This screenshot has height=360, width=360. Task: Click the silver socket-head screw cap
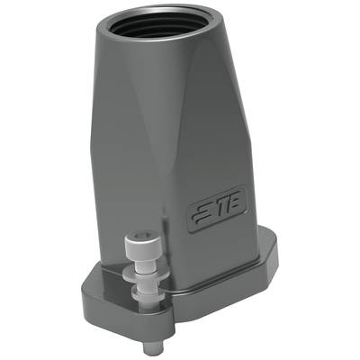(143, 243)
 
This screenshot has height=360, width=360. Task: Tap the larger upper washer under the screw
(143, 274)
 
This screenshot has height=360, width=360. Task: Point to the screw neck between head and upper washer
(144, 263)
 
